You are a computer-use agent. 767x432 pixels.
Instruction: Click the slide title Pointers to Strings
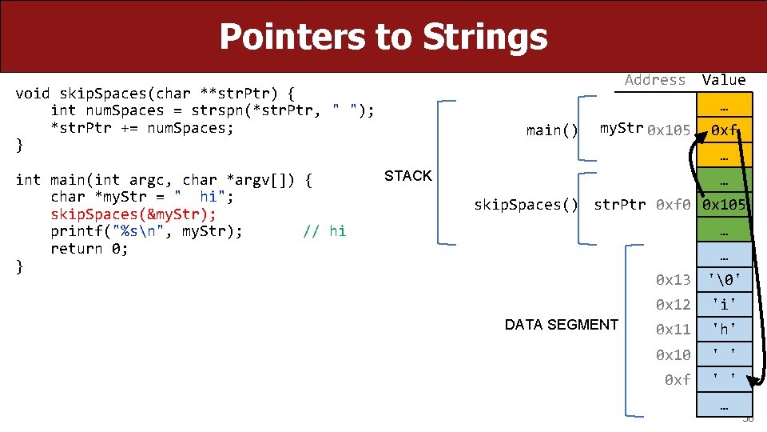point(383,37)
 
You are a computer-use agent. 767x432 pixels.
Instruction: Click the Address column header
point(655,79)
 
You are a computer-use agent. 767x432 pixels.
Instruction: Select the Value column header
point(723,79)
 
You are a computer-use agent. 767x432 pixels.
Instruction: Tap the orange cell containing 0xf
point(724,130)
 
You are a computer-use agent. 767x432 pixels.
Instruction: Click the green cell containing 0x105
point(724,205)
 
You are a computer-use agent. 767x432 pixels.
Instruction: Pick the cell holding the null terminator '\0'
point(724,279)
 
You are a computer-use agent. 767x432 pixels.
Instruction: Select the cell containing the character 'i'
point(724,304)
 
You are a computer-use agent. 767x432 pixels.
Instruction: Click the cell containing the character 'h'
point(724,329)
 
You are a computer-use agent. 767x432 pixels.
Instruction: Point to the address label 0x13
point(673,279)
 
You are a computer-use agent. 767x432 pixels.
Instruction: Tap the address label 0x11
point(673,329)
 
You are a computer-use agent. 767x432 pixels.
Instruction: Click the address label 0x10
point(673,354)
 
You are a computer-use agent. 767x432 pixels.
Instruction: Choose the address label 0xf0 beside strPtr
point(673,205)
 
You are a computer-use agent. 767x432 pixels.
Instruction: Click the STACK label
point(407,176)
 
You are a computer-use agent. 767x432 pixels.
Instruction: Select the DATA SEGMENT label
point(561,324)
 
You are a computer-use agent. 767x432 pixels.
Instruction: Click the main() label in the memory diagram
point(552,130)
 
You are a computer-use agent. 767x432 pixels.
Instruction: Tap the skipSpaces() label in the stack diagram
point(526,205)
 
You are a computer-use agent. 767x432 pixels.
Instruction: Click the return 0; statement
point(89,249)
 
